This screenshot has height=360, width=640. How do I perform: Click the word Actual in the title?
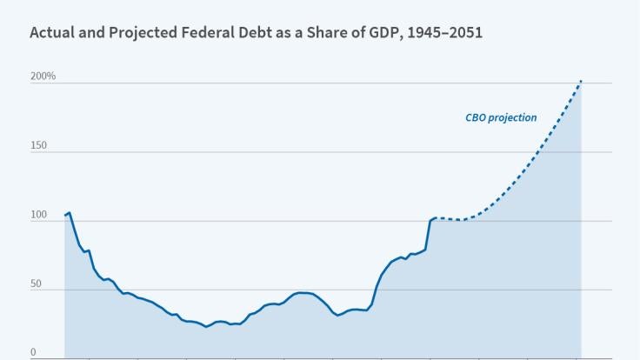(50, 33)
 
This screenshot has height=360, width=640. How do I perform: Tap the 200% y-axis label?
(43, 77)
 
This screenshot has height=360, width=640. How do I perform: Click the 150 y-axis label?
(38, 145)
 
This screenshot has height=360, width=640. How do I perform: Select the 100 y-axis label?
(38, 215)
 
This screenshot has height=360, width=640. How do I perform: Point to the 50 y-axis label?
(36, 284)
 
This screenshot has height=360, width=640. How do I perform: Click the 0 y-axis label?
(33, 353)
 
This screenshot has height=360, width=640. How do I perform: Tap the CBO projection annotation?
(501, 117)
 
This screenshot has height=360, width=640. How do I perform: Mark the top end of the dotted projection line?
(581, 82)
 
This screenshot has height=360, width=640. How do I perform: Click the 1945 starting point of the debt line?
(65, 215)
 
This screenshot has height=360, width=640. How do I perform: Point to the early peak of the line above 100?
(70, 212)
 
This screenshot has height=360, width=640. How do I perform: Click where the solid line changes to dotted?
(436, 218)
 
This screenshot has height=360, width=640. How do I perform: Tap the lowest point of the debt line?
(206, 327)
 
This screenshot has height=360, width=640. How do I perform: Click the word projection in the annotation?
(513, 117)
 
